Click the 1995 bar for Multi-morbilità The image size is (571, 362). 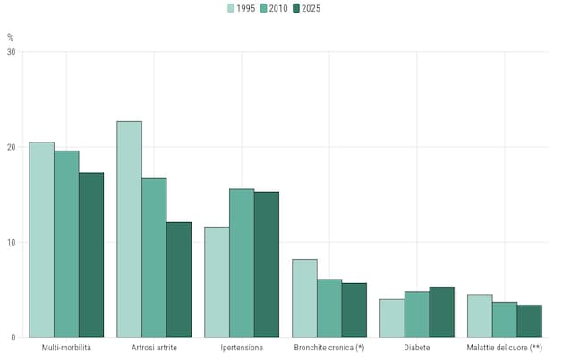coord(41,239)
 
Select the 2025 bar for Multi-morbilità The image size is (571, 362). coord(91,254)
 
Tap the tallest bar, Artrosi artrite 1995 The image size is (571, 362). coord(129,228)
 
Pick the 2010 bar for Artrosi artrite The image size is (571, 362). coord(154,257)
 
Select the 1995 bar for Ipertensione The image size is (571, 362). coord(217,281)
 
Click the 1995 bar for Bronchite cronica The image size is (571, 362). coord(304,297)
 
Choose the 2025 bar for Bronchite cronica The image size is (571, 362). coord(354,310)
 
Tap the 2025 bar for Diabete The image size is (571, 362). coord(442,312)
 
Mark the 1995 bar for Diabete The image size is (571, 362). coord(392,318)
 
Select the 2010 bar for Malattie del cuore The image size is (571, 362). coord(505,319)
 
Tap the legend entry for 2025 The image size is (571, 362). coord(307,8)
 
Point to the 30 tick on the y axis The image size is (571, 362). coord(10,52)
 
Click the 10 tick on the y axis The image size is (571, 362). coord(10,242)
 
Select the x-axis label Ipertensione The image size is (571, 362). coord(242,347)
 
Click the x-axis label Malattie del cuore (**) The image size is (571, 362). coord(505,347)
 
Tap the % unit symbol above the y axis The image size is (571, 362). coord(11,38)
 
